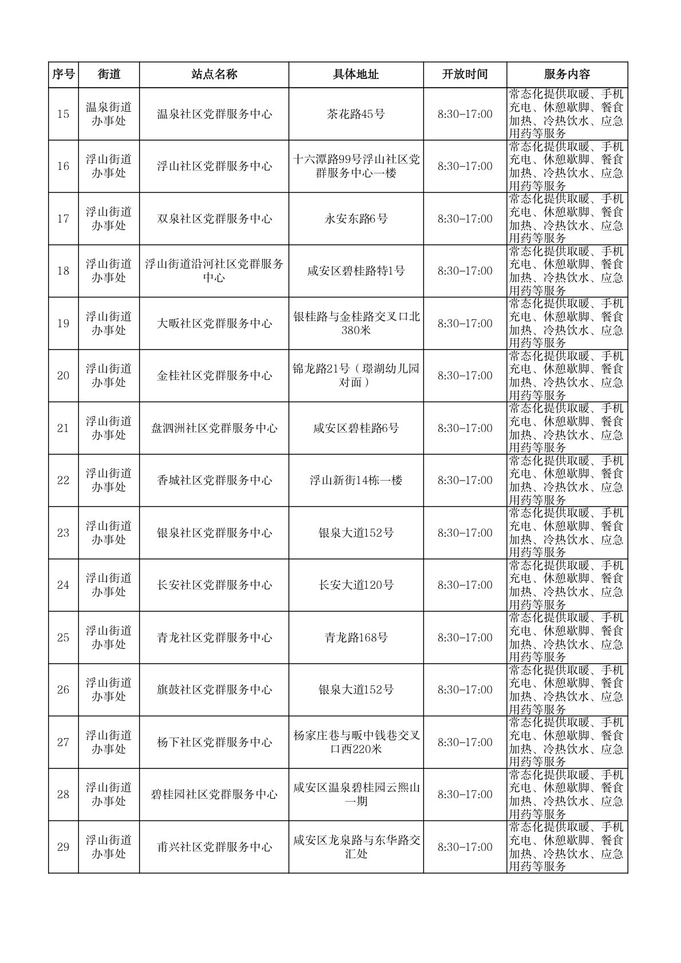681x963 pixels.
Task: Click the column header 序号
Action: pos(63,74)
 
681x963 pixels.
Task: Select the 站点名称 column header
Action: pos(214,74)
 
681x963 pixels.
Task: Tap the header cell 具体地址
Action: pos(356,74)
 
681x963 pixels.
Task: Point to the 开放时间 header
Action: pos(465,74)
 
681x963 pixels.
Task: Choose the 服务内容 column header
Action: pos(567,74)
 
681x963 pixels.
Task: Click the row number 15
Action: pos(63,114)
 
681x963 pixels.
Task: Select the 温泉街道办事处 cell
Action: pos(109,114)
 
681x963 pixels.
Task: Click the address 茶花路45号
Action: pos(356,114)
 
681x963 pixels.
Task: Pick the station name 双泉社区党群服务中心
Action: pos(214,219)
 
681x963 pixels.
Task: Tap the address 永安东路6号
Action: pos(356,219)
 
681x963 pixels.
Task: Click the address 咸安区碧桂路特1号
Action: pos(356,271)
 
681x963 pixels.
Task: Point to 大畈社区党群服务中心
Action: pos(214,323)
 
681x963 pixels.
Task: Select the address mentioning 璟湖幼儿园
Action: pos(356,375)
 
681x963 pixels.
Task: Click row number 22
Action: pos(63,480)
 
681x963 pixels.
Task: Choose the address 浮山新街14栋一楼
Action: pos(356,480)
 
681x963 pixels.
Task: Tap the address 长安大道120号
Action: pos(356,585)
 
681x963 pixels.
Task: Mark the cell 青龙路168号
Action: pos(356,637)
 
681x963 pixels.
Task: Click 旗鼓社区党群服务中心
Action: pos(214,689)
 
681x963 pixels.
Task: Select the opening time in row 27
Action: pos(465,742)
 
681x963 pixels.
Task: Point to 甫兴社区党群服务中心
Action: pos(214,847)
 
